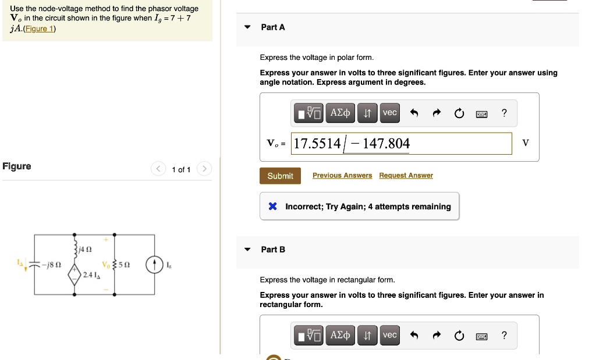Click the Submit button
280,176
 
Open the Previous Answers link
342,176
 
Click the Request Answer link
406,176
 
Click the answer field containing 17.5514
402,144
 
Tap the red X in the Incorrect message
272,206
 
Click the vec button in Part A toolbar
390,113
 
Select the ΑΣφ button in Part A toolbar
340,113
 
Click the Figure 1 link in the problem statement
40,29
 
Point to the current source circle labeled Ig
154,265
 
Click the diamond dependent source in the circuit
74,273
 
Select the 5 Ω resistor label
123,265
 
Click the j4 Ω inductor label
85,249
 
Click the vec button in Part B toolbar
390,335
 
